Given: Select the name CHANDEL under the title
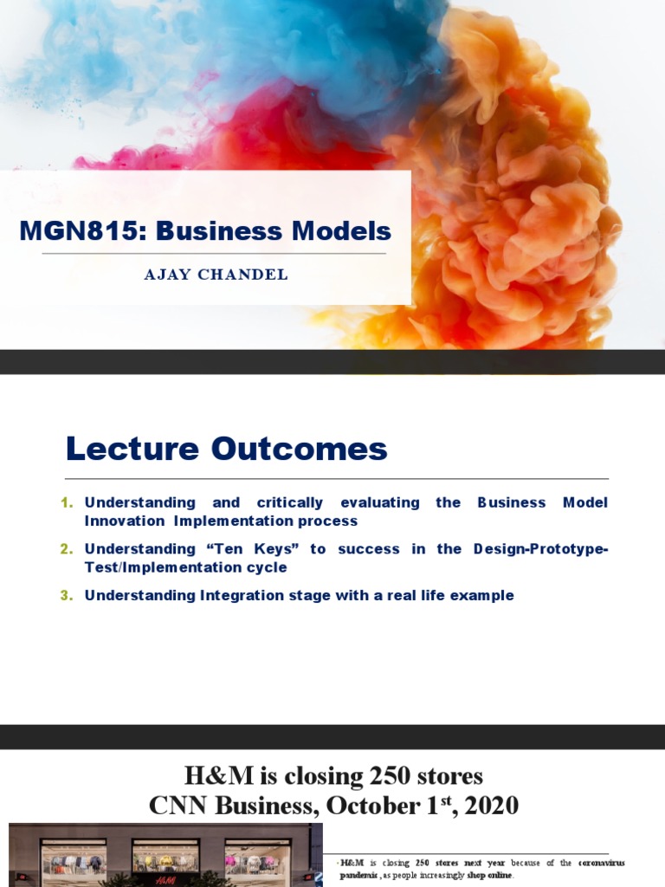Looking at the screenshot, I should [249, 275].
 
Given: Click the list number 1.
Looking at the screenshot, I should [68, 502].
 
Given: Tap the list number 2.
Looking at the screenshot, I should [68, 549].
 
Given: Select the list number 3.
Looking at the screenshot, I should [68, 596].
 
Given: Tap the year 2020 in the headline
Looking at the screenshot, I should [491, 806].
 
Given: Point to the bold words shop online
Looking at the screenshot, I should [489, 876].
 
